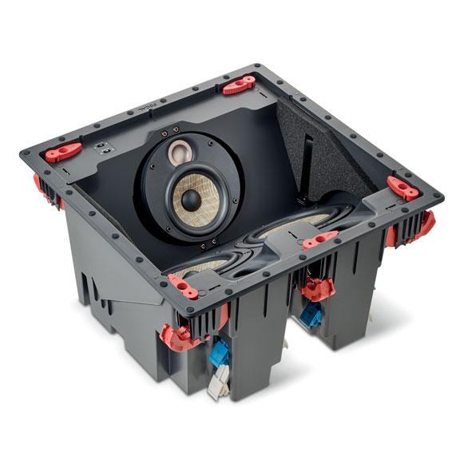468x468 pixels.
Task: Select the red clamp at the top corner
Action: pyautogui.click(x=239, y=85)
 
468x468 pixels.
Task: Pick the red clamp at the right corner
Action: pyautogui.click(x=403, y=188)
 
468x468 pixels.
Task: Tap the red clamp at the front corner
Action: pyautogui.click(x=184, y=286)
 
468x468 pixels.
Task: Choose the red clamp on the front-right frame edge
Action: pyautogui.click(x=320, y=238)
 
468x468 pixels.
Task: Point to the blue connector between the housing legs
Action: pyautogui.click(x=311, y=316)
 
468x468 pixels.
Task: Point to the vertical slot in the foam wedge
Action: pyautogui.click(x=308, y=160)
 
